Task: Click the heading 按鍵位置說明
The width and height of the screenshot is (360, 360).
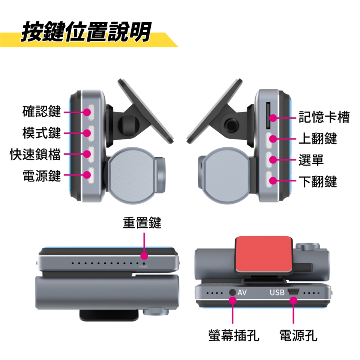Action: click(x=86, y=31)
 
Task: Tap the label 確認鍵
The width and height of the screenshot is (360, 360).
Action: click(x=42, y=111)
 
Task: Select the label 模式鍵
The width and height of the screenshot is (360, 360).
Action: click(x=42, y=133)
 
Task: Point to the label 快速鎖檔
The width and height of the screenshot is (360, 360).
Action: click(x=35, y=154)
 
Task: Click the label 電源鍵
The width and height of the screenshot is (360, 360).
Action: click(x=42, y=175)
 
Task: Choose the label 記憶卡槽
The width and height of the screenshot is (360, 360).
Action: click(x=324, y=117)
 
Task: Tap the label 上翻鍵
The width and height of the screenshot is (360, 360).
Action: click(x=318, y=138)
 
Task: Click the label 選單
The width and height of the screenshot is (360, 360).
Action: click(x=311, y=160)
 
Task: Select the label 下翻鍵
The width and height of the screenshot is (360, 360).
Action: click(x=318, y=181)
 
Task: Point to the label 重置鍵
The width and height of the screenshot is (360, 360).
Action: click(x=142, y=222)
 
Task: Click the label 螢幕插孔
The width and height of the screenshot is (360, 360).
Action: click(x=234, y=335)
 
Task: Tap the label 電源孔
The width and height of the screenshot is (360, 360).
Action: click(x=298, y=335)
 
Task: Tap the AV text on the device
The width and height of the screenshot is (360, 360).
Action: click(x=242, y=292)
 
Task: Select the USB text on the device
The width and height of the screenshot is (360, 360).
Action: click(x=277, y=292)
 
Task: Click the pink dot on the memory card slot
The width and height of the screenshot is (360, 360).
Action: click(x=273, y=118)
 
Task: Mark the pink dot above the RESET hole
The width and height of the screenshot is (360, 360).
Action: click(x=144, y=256)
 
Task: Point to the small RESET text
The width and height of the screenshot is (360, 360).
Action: click(x=144, y=267)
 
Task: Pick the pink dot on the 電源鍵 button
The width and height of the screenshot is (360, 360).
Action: click(x=87, y=175)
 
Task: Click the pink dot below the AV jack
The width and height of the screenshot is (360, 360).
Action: click(x=232, y=300)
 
